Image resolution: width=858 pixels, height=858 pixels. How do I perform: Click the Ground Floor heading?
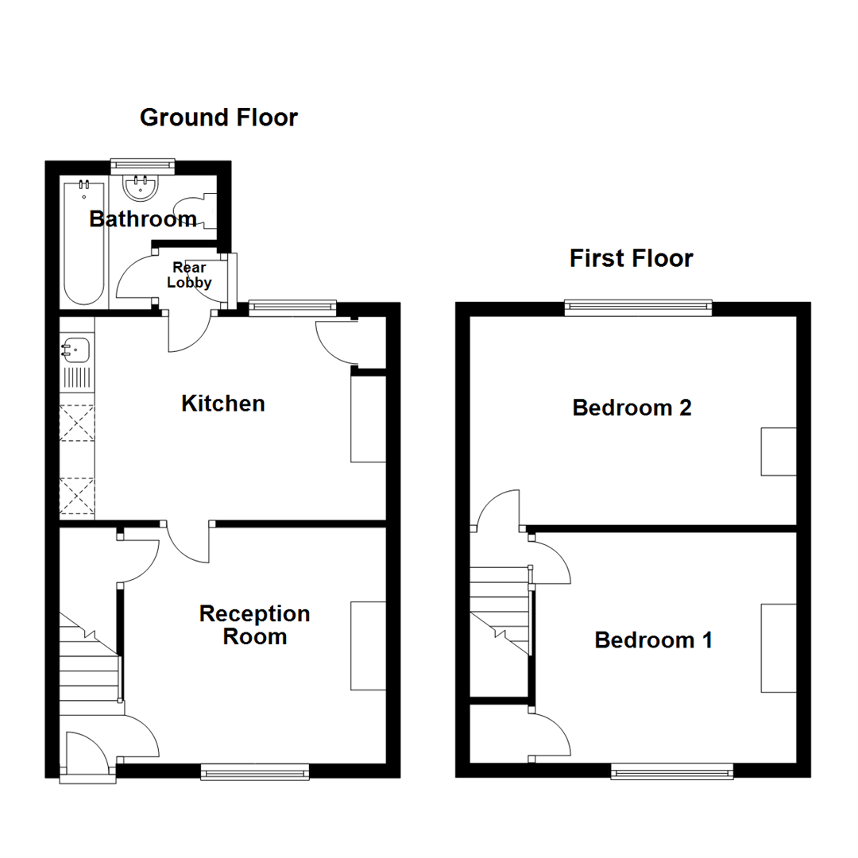(x=218, y=118)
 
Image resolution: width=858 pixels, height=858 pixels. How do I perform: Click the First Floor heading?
(x=631, y=258)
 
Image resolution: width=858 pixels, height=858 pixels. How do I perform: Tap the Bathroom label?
(x=143, y=218)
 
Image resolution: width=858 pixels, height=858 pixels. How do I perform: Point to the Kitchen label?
(x=222, y=404)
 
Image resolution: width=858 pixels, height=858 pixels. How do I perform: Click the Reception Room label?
(x=254, y=625)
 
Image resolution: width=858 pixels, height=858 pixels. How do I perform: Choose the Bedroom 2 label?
(x=632, y=408)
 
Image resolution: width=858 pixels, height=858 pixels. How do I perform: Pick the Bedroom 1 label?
(x=653, y=640)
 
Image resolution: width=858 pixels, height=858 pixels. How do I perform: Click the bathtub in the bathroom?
(x=83, y=242)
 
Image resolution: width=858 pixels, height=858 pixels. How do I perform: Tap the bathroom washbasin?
(x=142, y=187)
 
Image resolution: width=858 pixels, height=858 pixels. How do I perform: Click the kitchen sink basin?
(x=76, y=347)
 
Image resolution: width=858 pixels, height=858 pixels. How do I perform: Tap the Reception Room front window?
(x=254, y=771)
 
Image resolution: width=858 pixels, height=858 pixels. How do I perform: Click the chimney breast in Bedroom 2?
(x=779, y=451)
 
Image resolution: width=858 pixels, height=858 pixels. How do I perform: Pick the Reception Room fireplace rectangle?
(x=368, y=646)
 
